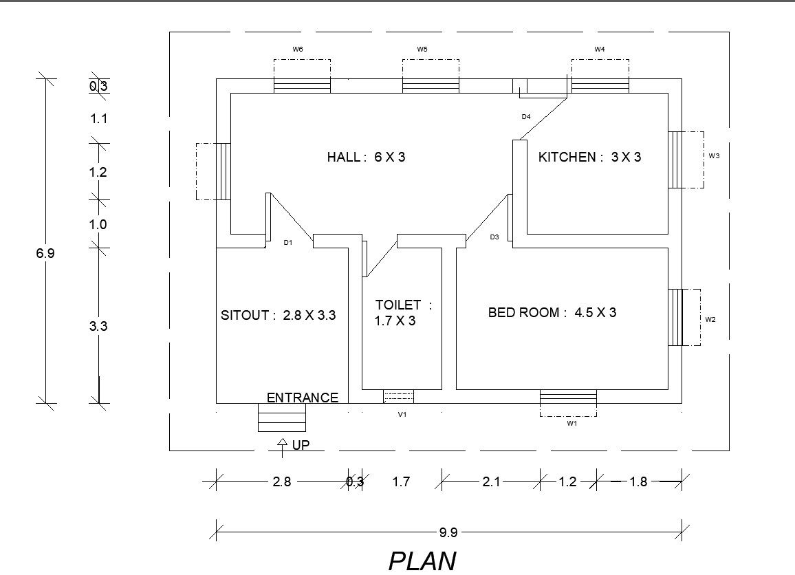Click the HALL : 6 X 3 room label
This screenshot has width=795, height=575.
coord(366,158)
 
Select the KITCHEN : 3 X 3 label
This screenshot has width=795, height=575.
coord(589,158)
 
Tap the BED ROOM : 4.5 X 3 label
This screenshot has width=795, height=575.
coord(552,313)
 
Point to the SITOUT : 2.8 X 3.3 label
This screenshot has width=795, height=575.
coord(278,316)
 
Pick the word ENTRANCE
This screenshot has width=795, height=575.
coord(302,398)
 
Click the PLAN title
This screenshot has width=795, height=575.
coord(422,561)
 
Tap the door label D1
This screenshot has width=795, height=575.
coord(288,243)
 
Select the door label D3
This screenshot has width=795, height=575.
coord(494,237)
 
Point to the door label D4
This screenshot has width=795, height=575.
coord(525,117)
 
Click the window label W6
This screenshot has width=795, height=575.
coord(298,50)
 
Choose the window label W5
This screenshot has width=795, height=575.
coord(422,50)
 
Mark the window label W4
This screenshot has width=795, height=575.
coord(600,50)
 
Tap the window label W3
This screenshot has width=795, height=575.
coord(714,156)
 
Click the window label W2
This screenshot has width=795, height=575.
coord(710,319)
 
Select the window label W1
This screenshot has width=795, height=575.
coord(571,424)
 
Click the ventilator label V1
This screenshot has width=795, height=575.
coord(402,415)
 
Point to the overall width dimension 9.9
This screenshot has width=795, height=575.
coord(448,532)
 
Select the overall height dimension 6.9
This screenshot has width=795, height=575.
coord(45,253)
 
